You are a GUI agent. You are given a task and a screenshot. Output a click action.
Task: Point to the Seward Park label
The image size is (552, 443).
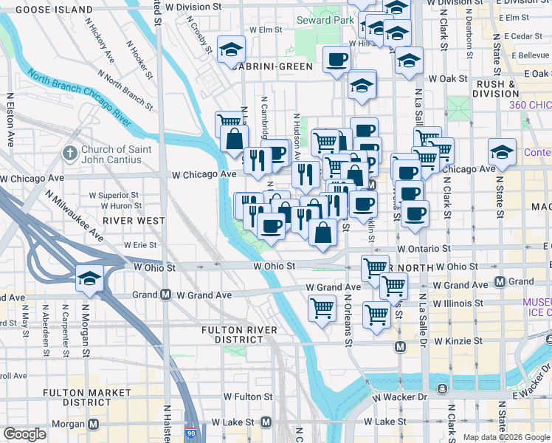(324, 19)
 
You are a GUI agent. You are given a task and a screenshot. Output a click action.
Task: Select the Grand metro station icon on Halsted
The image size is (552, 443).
(165, 295)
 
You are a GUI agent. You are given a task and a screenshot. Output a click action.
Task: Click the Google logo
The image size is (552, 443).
(24, 434)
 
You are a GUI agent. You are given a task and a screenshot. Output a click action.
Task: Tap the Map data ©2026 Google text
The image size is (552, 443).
(506, 437)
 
